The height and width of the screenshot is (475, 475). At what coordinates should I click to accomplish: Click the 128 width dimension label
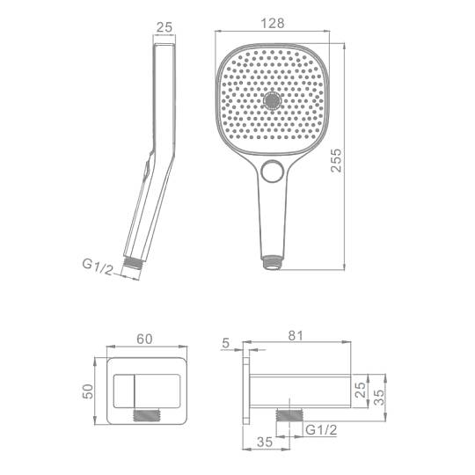pyautogui.click(x=273, y=24)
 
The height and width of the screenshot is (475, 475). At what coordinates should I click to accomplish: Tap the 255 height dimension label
pyautogui.click(x=336, y=160)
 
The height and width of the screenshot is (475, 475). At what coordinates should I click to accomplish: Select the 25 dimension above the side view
pyautogui.click(x=164, y=27)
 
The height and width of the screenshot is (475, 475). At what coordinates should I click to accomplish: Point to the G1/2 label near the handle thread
pyautogui.click(x=98, y=267)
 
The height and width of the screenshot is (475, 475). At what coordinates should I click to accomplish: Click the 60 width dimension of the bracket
pyautogui.click(x=144, y=339)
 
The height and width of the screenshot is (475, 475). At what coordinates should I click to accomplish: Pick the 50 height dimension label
pyautogui.click(x=88, y=391)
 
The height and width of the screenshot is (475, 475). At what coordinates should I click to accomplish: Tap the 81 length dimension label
pyautogui.click(x=296, y=336)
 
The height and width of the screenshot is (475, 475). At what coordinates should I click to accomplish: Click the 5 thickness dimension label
pyautogui.click(x=226, y=343)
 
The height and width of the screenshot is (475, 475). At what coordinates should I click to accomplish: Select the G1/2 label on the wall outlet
pyautogui.click(x=321, y=430)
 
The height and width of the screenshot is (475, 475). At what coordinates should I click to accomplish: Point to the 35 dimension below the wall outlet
pyautogui.click(x=265, y=442)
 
